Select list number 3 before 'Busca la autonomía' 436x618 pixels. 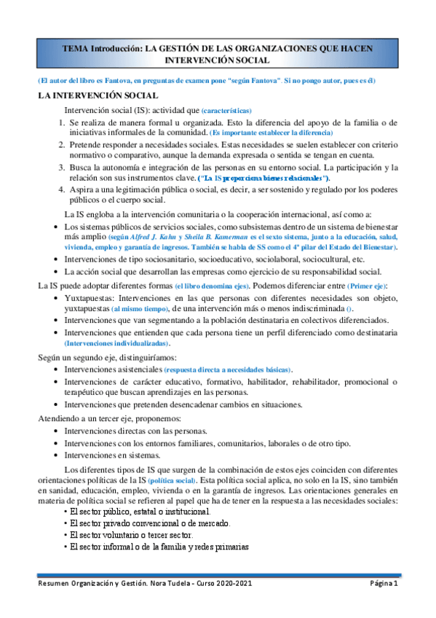point(63,168)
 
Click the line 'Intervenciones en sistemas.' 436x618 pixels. point(113,455)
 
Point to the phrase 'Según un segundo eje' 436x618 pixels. point(80,357)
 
